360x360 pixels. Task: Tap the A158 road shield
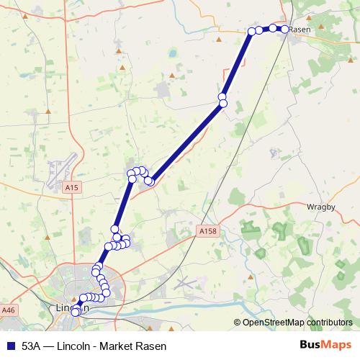(x=207, y=231)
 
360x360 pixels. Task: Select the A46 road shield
(x=8, y=310)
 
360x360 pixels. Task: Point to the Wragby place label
(x=320, y=207)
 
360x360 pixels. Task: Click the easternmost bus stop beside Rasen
(x=284, y=29)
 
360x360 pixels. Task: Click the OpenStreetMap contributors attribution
(x=297, y=323)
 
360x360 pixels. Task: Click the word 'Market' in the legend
(x=122, y=346)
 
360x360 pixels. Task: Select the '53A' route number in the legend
(x=32, y=346)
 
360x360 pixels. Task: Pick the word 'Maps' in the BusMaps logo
(x=336, y=346)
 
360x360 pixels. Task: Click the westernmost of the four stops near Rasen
(x=252, y=31)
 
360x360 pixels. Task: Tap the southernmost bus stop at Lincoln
(x=75, y=312)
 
